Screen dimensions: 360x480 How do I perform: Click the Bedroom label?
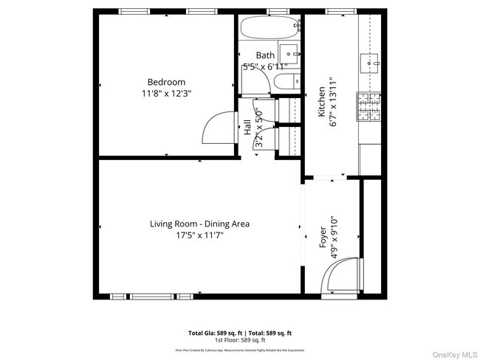(166, 82)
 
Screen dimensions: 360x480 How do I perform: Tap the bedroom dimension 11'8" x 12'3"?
(166, 94)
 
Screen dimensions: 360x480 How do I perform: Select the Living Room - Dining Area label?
(199, 224)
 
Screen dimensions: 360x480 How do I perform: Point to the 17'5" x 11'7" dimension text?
(199, 235)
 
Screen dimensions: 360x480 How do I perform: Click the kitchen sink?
(368, 63)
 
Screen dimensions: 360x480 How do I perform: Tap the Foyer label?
(323, 237)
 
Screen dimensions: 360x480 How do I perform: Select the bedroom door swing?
(220, 128)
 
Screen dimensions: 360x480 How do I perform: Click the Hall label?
(247, 128)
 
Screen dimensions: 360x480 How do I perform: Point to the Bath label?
(265, 55)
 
